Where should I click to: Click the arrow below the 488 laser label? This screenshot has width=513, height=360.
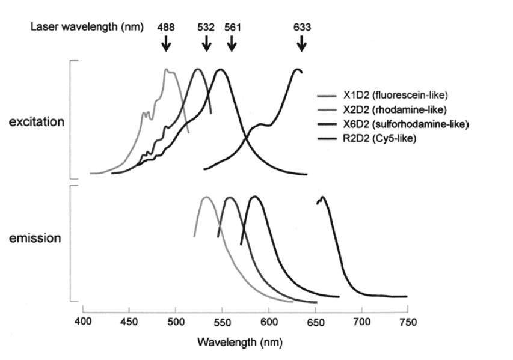click(167, 43)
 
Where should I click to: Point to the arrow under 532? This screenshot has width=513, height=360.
click(206, 43)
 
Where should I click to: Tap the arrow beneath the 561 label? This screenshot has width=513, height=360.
click(232, 43)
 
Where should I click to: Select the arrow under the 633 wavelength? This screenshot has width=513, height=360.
click(302, 43)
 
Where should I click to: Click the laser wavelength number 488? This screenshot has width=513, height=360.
click(167, 27)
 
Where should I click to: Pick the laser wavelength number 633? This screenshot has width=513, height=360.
click(303, 27)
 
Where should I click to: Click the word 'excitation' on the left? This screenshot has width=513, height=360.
click(35, 122)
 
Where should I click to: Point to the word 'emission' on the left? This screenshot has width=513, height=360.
click(35, 239)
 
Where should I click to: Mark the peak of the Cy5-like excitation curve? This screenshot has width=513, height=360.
click(296, 70)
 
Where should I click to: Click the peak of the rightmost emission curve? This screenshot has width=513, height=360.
click(323, 198)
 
